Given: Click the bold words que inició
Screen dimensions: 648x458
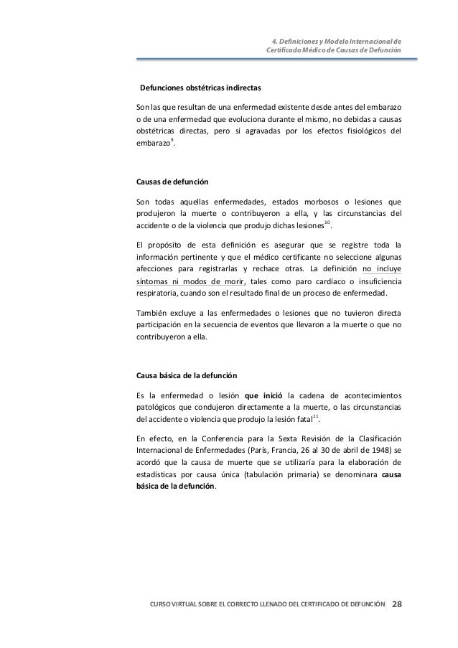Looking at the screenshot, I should [263, 395].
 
